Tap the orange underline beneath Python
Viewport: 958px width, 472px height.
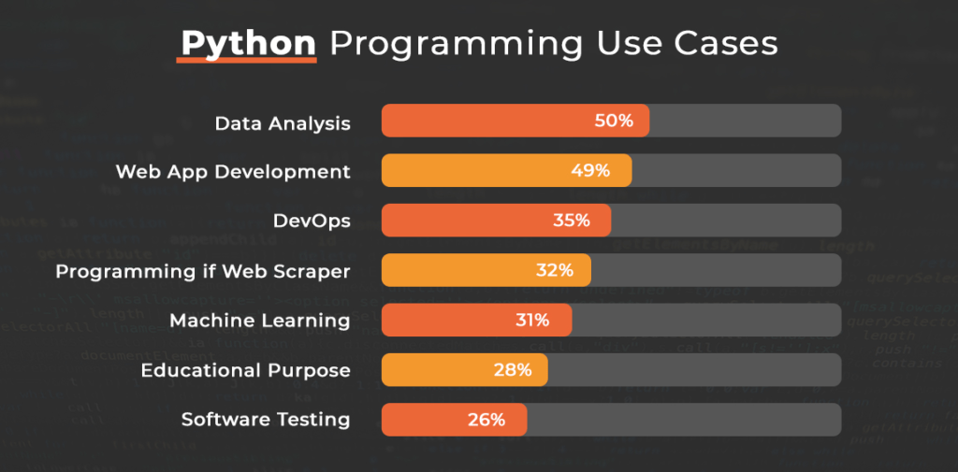tap(247, 62)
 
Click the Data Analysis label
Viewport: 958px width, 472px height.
tap(283, 122)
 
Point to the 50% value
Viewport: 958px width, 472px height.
tap(614, 122)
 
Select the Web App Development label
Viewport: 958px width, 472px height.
tap(233, 172)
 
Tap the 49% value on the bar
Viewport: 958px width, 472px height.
tap(590, 171)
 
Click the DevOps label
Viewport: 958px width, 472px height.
tap(312, 221)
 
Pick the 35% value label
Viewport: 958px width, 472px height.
tap(571, 221)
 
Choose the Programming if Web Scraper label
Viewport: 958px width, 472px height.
tap(203, 271)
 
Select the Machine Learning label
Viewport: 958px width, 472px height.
tap(260, 321)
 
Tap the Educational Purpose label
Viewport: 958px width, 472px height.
tap(245, 370)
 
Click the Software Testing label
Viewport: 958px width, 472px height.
tap(266, 420)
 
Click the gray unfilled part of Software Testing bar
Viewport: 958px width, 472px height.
tap(683, 420)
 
